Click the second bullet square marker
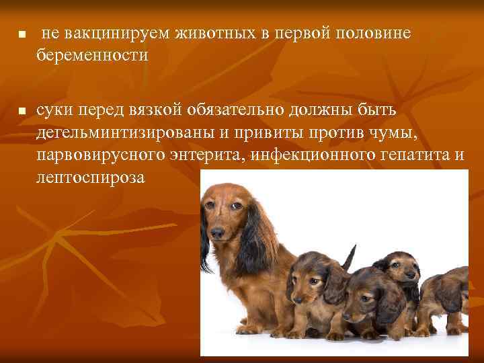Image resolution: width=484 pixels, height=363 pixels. [x=22, y=110]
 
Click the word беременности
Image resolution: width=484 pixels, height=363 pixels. [x=92, y=55]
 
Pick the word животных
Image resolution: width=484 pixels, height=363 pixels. [x=214, y=34]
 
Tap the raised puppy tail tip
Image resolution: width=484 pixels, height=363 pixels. [x=352, y=248]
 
